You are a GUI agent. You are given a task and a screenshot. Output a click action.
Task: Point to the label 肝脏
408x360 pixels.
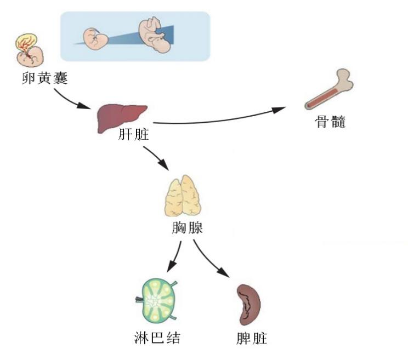pyautogui.click(x=133, y=135)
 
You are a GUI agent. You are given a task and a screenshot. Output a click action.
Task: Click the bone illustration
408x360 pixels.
pyautogui.click(x=330, y=89)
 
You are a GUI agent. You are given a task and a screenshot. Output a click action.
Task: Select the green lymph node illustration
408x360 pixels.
pyautogui.click(x=157, y=301)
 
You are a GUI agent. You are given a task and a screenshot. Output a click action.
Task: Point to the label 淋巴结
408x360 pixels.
pyautogui.click(x=157, y=338)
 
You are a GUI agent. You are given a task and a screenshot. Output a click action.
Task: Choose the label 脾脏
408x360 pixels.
pyautogui.click(x=250, y=338)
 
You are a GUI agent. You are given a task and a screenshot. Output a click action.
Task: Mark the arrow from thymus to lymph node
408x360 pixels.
pyautogui.click(x=175, y=255)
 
